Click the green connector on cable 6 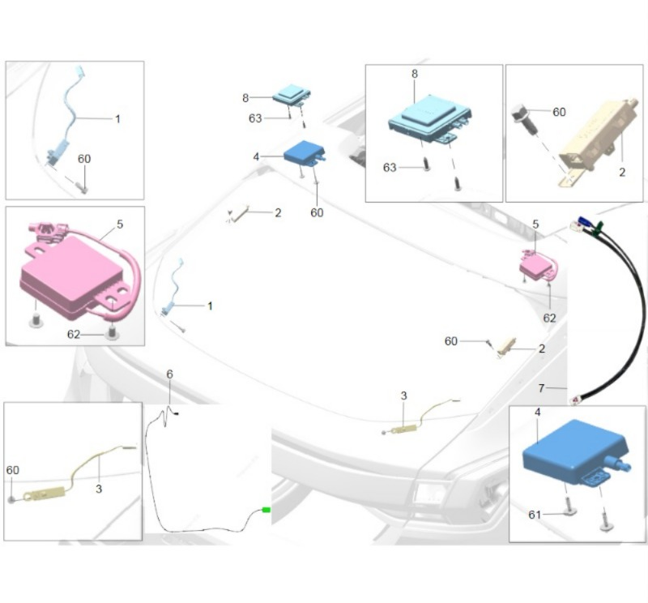[266, 510]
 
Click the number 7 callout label [541, 388]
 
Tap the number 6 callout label [169, 374]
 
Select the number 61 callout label [535, 515]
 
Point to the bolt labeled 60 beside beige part [524, 118]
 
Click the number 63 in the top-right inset [390, 168]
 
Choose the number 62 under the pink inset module [74, 334]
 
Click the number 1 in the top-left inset [117, 119]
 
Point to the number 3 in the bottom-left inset [99, 489]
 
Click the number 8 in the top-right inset [415, 74]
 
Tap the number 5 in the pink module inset [120, 225]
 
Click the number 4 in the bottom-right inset [537, 413]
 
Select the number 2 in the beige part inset [622, 173]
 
